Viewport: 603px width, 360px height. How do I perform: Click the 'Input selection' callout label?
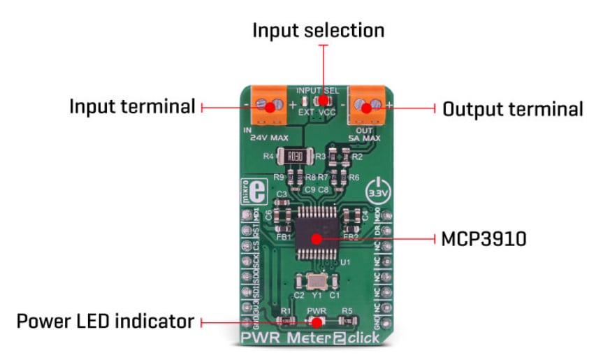pyautogui.click(x=318, y=31)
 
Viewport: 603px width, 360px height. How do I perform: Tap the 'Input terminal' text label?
pyautogui.click(x=131, y=107)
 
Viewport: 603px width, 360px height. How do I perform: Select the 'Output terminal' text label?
pyautogui.click(x=513, y=109)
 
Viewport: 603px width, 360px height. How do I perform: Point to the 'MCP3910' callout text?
pyautogui.click(x=484, y=238)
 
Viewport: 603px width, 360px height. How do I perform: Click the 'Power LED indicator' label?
pyautogui.click(x=105, y=322)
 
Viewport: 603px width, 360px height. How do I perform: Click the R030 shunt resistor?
pyautogui.click(x=294, y=157)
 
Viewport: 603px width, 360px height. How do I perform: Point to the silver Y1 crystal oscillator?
pyautogui.click(x=310, y=284)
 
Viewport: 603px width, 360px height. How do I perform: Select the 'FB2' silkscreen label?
pyautogui.click(x=351, y=237)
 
